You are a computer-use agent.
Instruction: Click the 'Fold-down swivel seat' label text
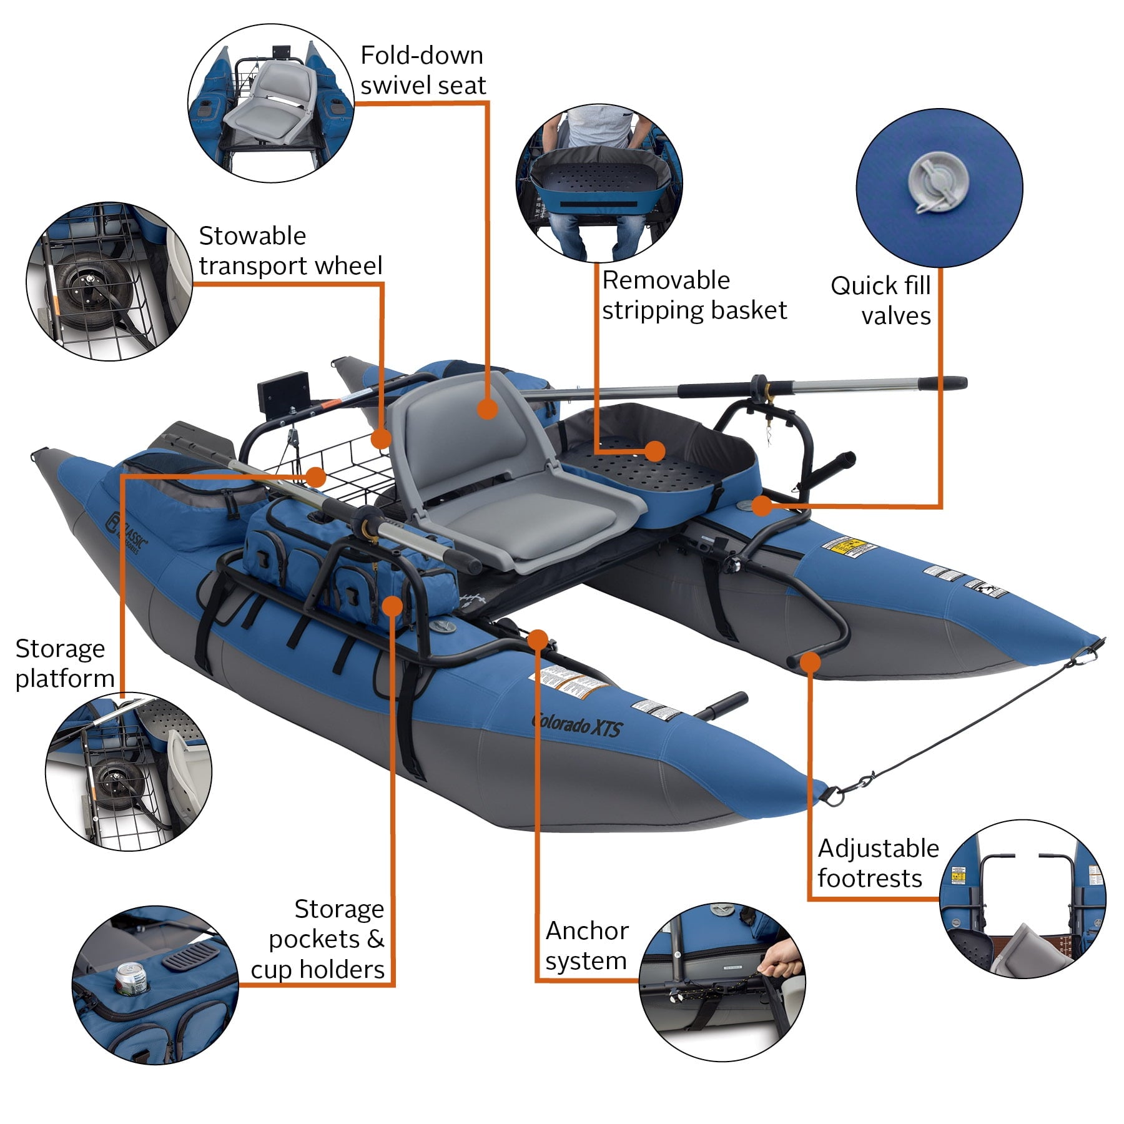tap(422, 71)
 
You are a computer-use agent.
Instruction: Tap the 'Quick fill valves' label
tap(880, 300)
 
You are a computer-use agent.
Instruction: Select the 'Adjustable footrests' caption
tap(877, 863)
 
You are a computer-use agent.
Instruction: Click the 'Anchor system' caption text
tap(586, 945)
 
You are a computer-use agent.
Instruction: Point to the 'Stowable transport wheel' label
tap(290, 251)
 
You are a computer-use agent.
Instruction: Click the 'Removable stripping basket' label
tap(693, 295)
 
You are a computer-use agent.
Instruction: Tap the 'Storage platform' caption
tap(64, 663)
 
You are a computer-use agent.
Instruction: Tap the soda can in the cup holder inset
tap(132, 979)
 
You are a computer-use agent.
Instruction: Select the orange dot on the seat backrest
tap(487, 410)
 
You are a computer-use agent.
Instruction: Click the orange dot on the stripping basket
tap(654, 451)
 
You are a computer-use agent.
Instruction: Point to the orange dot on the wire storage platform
tap(317, 477)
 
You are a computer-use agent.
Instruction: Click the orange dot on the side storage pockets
tap(392, 605)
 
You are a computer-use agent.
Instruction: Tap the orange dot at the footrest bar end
tap(810, 661)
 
